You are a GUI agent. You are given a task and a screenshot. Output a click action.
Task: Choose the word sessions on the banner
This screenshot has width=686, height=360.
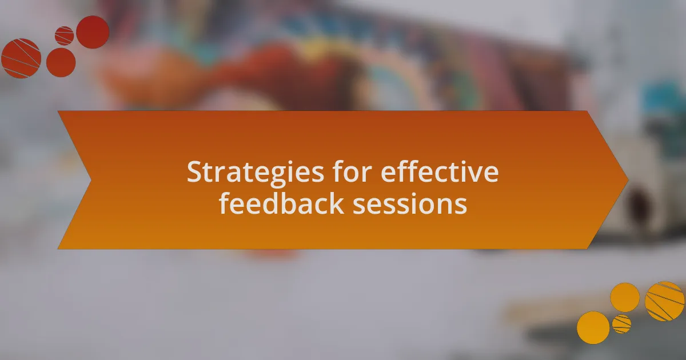tap(410, 205)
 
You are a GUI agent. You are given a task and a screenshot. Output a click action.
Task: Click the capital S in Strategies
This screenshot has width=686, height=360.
tap(195, 172)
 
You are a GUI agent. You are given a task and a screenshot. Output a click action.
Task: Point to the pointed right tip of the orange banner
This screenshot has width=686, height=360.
tap(628, 180)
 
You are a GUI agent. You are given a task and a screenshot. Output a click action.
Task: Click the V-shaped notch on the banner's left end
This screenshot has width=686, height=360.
tap(91, 180)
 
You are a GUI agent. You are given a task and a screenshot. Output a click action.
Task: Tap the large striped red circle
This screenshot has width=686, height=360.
tap(21, 58)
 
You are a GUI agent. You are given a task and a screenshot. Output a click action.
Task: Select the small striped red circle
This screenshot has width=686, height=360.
tap(64, 36)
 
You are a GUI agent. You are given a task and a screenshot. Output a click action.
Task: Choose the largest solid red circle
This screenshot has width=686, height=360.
tap(93, 32)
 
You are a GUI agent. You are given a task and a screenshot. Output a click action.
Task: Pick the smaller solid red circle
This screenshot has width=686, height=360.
tap(61, 62)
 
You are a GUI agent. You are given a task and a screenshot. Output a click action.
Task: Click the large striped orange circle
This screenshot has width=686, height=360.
tap(664, 301)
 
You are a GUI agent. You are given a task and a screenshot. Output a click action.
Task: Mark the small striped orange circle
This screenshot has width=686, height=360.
tap(621, 324)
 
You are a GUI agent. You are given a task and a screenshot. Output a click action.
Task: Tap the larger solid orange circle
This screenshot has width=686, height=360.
tap(593, 327)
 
